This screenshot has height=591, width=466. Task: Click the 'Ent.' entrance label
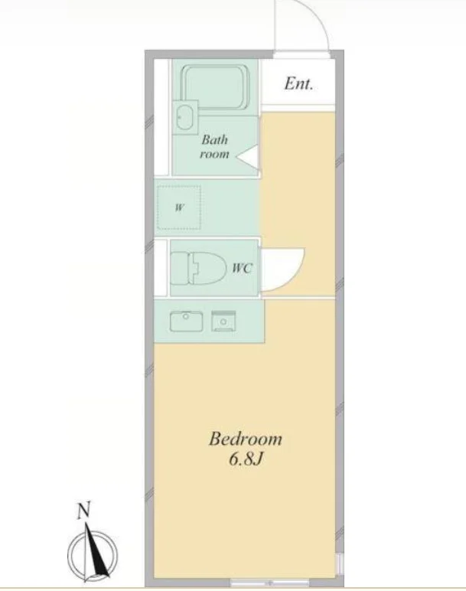[298, 83]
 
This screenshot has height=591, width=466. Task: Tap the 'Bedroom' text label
[246, 439]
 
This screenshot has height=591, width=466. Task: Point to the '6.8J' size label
[245, 459]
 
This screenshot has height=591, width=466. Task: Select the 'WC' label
[242, 268]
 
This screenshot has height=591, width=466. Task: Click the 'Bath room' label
[214, 147]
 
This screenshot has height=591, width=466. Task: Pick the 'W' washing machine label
[179, 207]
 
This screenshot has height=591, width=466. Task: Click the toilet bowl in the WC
[207, 268]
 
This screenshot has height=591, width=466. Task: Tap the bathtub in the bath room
[215, 88]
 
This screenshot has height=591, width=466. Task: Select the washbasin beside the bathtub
[185, 117]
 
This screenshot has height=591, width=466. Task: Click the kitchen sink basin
[186, 322]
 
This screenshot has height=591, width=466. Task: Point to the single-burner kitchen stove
[223, 321]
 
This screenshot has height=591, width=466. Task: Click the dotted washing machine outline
[179, 207]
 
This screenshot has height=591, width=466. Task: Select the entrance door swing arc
[319, 19]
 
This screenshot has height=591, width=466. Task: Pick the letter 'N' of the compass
[84, 511]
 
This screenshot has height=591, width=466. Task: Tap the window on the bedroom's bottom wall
[270, 583]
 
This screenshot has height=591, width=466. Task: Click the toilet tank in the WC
[180, 268]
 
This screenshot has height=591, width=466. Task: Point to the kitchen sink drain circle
[186, 317]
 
